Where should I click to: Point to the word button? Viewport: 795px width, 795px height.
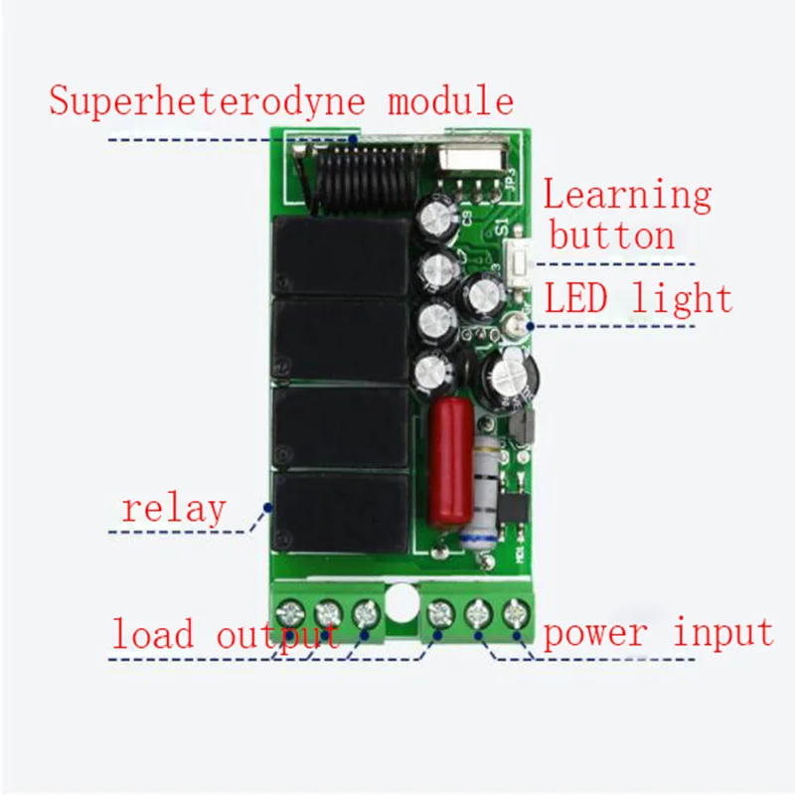[612, 238]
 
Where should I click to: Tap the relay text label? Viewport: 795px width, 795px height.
[174, 509]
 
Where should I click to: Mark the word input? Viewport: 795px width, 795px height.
[723, 633]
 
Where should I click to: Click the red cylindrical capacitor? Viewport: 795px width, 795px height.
[448, 461]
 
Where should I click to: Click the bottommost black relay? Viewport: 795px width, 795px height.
[341, 513]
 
